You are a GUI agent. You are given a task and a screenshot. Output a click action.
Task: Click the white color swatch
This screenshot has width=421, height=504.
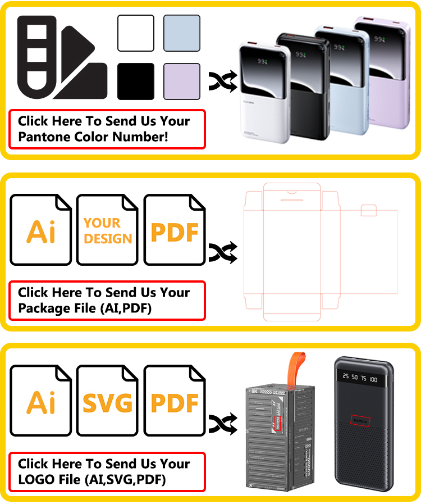point(135,33)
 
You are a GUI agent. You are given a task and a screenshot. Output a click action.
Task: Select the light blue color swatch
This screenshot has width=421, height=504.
point(181,33)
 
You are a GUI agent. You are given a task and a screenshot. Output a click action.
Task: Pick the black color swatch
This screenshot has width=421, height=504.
point(135,81)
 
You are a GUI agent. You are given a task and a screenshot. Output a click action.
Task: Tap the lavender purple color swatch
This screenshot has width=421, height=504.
point(181,81)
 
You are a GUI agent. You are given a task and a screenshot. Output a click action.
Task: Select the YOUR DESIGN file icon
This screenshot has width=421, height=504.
point(107,230)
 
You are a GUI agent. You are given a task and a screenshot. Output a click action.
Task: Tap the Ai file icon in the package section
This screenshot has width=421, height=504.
point(41,230)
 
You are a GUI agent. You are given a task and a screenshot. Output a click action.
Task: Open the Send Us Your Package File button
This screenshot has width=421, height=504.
point(107,301)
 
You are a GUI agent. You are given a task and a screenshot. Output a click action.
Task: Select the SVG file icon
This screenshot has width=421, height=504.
point(107,401)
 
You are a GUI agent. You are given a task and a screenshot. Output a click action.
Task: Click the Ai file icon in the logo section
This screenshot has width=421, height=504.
point(41,401)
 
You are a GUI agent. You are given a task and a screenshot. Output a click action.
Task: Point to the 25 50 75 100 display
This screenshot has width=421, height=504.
point(360,379)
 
